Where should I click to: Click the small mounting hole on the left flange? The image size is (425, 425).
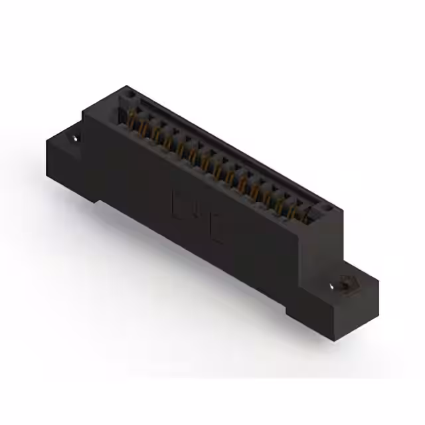[x=75, y=138]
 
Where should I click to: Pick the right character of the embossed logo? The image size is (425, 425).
[x=215, y=222]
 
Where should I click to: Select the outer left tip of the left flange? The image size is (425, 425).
[x=44, y=139]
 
